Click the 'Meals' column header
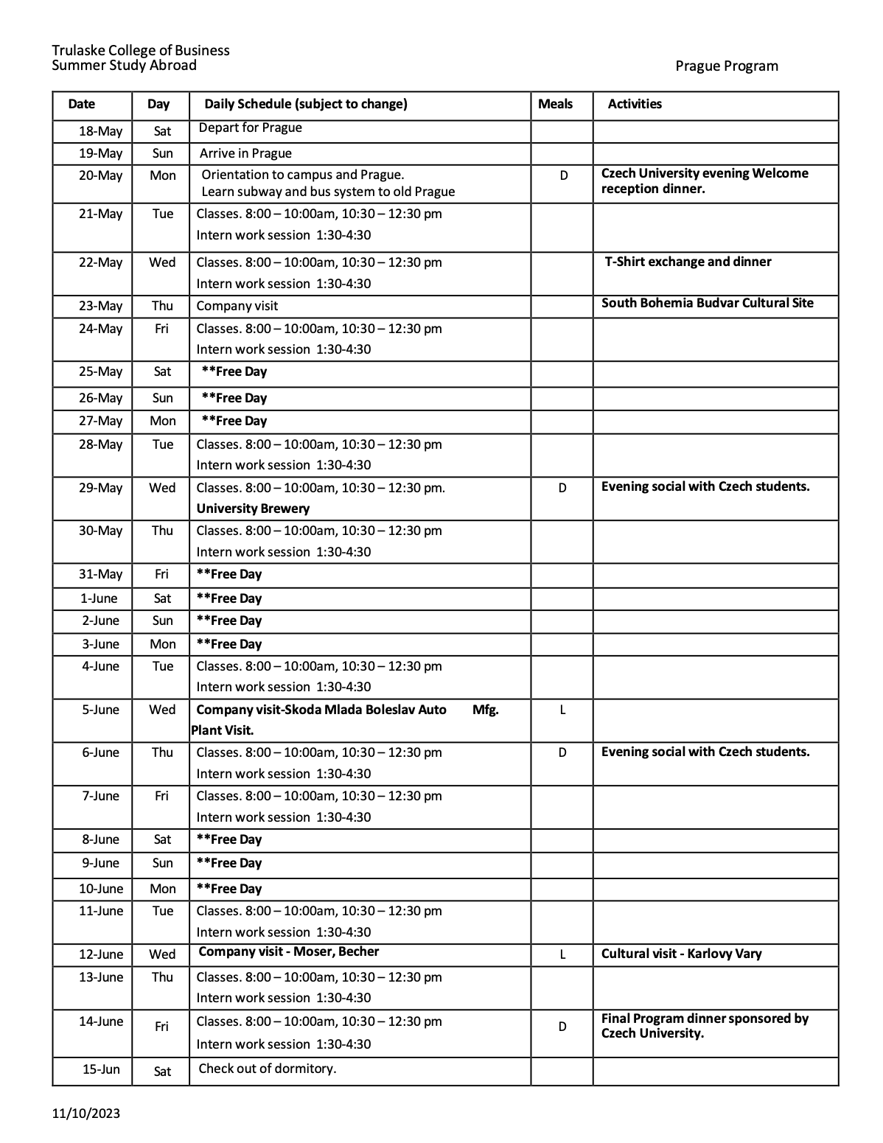pyautogui.click(x=555, y=104)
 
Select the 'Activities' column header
pyautogui.click(x=634, y=104)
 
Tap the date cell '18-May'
pyautogui.click(x=100, y=131)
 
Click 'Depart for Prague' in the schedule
pyautogui.click(x=250, y=127)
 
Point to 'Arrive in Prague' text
pyautogui.click(x=245, y=153)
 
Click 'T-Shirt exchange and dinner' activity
pyautogui.click(x=688, y=262)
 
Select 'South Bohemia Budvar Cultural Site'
pyautogui.click(x=707, y=303)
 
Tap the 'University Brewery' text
pyautogui.click(x=253, y=508)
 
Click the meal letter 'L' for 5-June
pyautogui.click(x=562, y=710)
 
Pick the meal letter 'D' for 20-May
pyautogui.click(x=564, y=175)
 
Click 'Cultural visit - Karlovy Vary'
pyautogui.click(x=681, y=954)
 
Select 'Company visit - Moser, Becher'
pyautogui.click(x=288, y=951)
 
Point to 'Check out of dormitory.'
pyautogui.click(x=267, y=1069)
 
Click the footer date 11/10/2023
pyautogui.click(x=86, y=1113)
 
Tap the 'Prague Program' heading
pyautogui.click(x=726, y=66)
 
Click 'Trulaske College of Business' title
pyautogui.click(x=140, y=50)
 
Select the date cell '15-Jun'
pyautogui.click(x=101, y=1069)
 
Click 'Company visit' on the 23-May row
pyautogui.click(x=237, y=306)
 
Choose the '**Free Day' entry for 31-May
pyautogui.click(x=228, y=574)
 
